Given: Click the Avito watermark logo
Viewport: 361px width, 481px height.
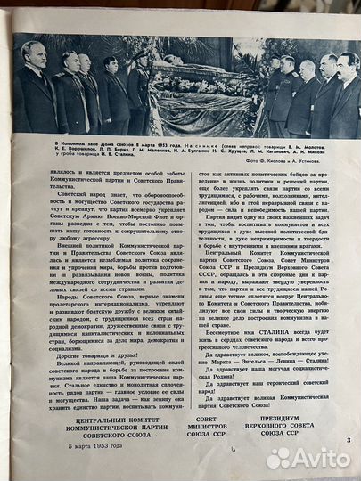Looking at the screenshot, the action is click(x=308, y=458).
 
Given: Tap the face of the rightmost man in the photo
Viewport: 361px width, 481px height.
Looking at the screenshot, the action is click(x=349, y=65).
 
